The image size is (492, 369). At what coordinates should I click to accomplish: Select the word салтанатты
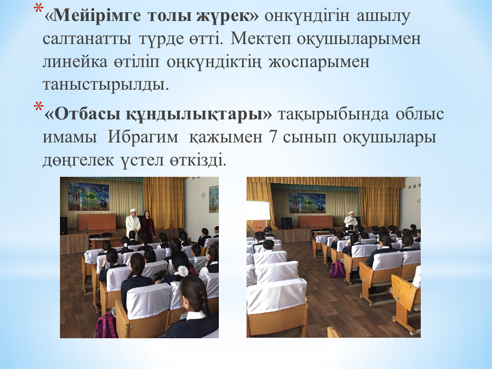point(87,39)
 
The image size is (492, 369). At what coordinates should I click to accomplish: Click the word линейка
point(75,62)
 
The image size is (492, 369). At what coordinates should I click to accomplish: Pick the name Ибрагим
point(142,137)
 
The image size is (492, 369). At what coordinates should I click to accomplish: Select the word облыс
point(420,114)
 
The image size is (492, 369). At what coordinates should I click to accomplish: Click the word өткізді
point(198,160)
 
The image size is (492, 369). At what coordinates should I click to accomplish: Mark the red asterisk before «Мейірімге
point(38,9)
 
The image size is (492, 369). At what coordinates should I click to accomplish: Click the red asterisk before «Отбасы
point(38,107)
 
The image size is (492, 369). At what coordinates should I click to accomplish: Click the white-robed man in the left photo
point(133,224)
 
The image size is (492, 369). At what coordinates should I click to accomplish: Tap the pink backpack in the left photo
point(106,326)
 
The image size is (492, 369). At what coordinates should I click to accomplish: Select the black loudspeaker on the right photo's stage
point(286,223)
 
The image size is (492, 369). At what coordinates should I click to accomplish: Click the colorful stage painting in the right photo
point(307,203)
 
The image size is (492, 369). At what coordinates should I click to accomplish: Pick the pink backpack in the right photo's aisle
point(337,270)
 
